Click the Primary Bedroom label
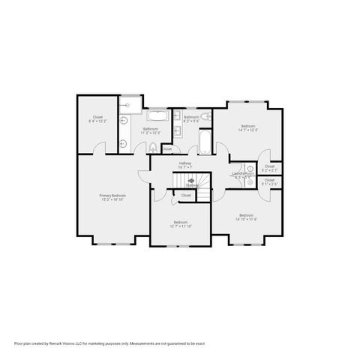[x=112, y=196]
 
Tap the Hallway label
[x=184, y=164]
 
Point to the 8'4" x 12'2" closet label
[x=97, y=118]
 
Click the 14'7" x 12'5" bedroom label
[x=247, y=127]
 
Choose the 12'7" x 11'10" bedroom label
[x=181, y=223]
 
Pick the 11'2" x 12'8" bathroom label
[x=151, y=130]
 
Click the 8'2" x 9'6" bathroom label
[x=191, y=118]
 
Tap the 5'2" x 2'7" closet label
[x=269, y=168]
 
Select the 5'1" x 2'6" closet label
[x=269, y=181]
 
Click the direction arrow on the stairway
[x=191, y=181]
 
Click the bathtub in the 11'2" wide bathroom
[x=157, y=115]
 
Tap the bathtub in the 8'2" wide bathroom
[x=203, y=143]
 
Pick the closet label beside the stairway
[x=186, y=196]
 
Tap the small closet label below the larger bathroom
[x=166, y=148]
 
